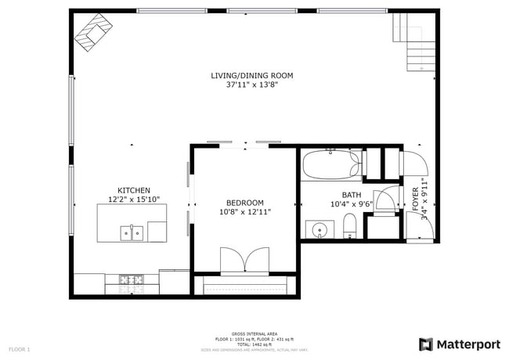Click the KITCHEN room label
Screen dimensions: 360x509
[x=133, y=190]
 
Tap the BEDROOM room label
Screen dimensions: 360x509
[x=245, y=202]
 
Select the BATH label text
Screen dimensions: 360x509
[x=352, y=195]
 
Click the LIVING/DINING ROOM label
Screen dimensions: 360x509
[x=251, y=76]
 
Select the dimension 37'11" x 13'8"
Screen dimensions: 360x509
[x=251, y=85]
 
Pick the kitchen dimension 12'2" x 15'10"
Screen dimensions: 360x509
[x=133, y=200]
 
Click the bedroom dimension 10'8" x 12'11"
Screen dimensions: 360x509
[x=245, y=211]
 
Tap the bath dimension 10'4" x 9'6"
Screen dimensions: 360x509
[x=352, y=204]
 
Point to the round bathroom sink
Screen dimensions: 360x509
[x=319, y=230]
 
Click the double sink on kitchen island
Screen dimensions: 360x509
[x=132, y=232]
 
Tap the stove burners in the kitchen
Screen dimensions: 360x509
[x=131, y=279]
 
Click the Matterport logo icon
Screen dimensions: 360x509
[x=426, y=344]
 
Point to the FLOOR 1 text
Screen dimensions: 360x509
[x=20, y=348]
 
